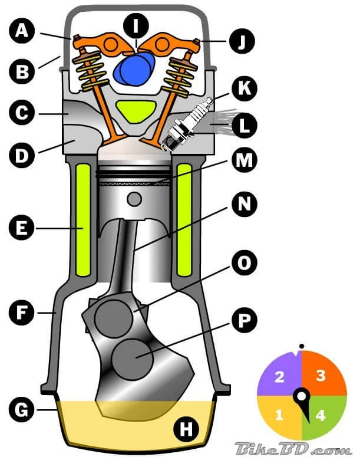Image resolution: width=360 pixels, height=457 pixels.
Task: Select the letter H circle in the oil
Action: [186, 430]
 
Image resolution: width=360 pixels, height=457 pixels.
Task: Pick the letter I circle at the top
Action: [136, 25]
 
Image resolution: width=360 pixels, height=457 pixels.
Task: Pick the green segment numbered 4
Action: [320, 415]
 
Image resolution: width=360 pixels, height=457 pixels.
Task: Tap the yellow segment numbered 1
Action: [280, 415]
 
